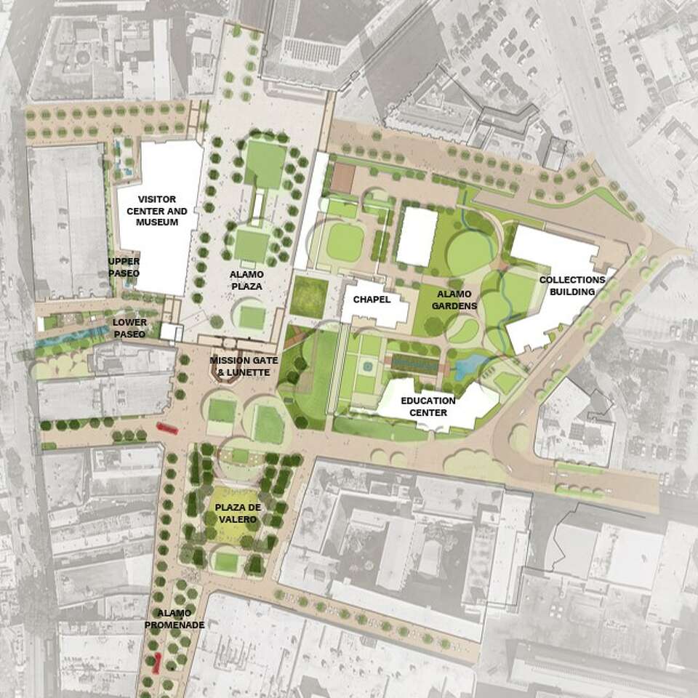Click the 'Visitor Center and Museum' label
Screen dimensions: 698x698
tap(157, 210)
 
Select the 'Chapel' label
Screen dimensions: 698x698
tap(372, 300)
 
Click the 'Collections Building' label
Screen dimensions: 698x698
tap(572, 286)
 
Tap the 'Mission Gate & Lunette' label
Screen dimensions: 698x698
tap(240, 366)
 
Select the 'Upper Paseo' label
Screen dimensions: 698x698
tap(124, 267)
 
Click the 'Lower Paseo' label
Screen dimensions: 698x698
tap(129, 328)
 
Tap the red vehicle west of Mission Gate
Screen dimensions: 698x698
tap(167, 429)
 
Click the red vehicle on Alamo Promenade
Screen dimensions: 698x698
tap(156, 662)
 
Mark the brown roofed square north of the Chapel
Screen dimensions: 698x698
tap(342, 177)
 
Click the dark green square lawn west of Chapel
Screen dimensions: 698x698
tap(309, 296)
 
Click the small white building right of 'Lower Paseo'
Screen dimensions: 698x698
tap(172, 332)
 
